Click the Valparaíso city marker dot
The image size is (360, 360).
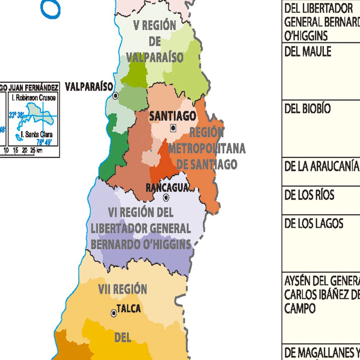115,96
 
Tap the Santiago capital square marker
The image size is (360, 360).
173,127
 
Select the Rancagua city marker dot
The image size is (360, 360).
166,197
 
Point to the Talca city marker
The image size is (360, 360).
114,313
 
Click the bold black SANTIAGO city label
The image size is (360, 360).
173,116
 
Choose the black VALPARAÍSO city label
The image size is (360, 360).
89,87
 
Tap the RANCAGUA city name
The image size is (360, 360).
167,187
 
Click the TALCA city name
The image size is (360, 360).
129,309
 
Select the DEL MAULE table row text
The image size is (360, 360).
307,52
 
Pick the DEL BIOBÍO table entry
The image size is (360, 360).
307,109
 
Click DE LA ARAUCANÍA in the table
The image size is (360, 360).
322,166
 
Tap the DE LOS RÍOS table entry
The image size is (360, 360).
309,195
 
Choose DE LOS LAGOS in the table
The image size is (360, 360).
314,224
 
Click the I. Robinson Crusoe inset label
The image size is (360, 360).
34,97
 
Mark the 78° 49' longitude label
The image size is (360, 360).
44,142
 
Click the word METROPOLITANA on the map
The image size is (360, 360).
207,148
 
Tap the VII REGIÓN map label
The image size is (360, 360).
122,289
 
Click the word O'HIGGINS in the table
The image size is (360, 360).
306,36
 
